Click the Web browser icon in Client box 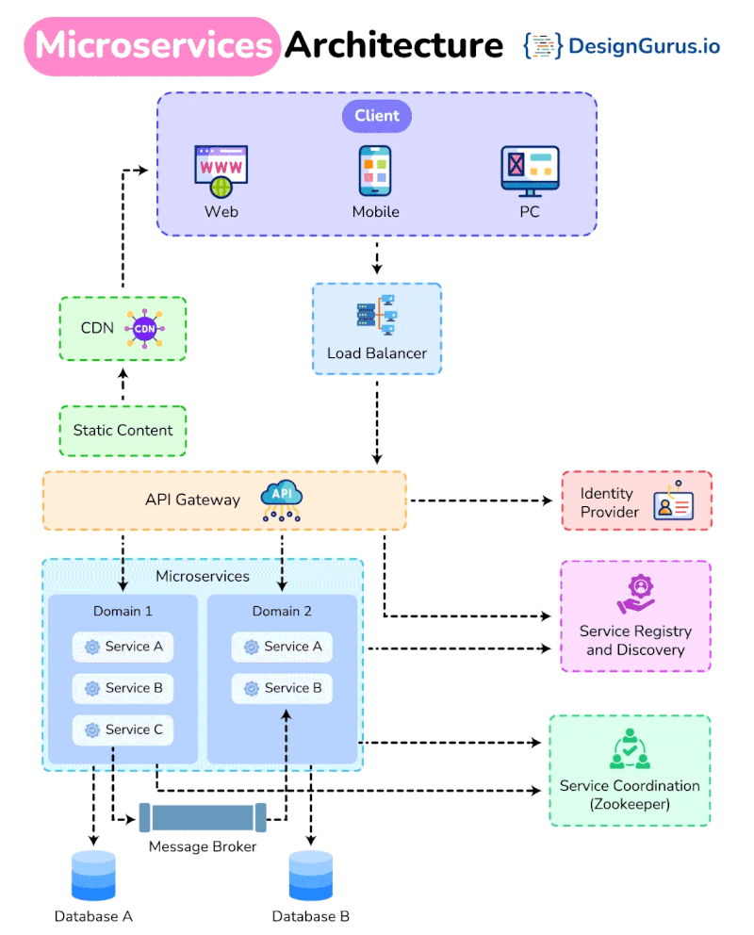click(x=221, y=171)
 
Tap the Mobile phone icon click(x=375, y=171)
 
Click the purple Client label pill click(x=377, y=116)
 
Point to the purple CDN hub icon click(x=144, y=328)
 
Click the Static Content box click(x=123, y=431)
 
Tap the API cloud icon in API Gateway click(x=281, y=500)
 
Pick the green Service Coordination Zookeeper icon click(x=629, y=748)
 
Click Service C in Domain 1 click(x=123, y=730)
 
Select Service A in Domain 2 click(x=283, y=647)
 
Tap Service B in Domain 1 click(x=123, y=688)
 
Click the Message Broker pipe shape click(x=203, y=817)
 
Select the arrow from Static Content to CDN click(x=123, y=385)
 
